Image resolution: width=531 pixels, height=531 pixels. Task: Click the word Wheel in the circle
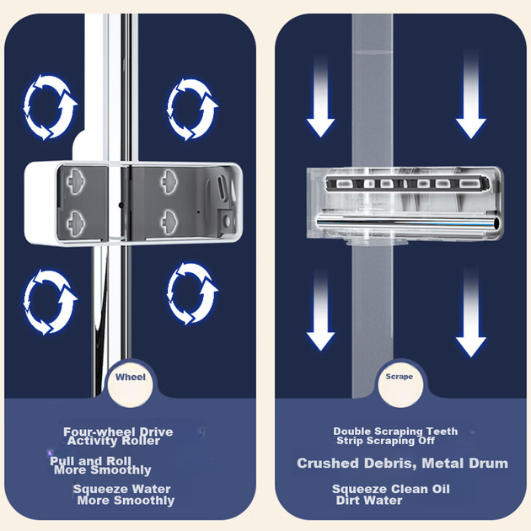[131, 377]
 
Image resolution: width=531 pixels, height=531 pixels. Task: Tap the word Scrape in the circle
[400, 377]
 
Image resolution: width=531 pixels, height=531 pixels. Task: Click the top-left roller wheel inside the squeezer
[75, 182]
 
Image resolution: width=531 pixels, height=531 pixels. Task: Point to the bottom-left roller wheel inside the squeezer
[75, 223]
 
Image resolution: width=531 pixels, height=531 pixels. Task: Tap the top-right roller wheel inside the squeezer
[169, 182]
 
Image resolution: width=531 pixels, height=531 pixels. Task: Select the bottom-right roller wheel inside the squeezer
[169, 223]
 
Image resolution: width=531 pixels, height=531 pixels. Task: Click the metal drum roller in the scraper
[408, 224]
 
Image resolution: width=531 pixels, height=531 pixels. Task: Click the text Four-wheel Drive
[118, 432]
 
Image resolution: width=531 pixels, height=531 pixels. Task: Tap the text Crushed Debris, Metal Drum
[403, 464]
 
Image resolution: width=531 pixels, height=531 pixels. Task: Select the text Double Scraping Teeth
[395, 431]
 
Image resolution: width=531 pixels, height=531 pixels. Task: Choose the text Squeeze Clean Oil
[391, 489]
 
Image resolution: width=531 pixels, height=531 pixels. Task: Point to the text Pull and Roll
[90, 461]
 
